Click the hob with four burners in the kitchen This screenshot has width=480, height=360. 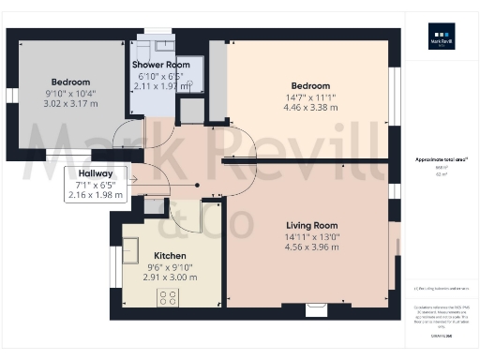[169, 297]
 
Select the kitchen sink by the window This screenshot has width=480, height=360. [129, 249]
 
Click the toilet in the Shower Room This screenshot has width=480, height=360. [192, 85]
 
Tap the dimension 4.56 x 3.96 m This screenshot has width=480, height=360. [311, 248]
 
